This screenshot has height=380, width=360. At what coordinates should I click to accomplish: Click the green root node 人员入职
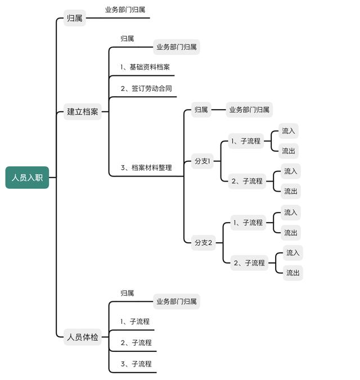tap(27, 178)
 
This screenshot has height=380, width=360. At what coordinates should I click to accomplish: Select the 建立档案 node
tap(83, 112)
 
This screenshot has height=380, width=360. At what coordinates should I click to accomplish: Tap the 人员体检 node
tap(83, 337)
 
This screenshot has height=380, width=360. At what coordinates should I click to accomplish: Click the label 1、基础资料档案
tap(145, 67)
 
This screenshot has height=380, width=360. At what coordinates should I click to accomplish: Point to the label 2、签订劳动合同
tap(146, 88)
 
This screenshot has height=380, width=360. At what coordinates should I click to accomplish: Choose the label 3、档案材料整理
tap(146, 168)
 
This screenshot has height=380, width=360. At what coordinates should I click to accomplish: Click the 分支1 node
tap(202, 161)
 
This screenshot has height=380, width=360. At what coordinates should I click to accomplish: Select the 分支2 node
tap(203, 243)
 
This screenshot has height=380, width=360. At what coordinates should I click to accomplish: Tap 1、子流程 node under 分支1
tap(246, 141)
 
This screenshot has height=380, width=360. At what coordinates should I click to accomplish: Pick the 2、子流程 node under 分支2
tap(249, 263)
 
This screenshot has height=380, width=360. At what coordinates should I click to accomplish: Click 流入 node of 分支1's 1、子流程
tap(288, 131)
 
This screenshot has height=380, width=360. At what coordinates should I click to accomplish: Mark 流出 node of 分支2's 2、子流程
tap(293, 273)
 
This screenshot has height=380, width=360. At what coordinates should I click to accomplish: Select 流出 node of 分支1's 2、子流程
tap(291, 191)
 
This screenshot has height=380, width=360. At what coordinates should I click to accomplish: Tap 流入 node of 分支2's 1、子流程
tap(291, 212)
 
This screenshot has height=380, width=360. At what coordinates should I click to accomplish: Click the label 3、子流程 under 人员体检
tap(136, 364)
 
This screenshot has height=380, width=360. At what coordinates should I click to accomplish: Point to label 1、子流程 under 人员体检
tap(135, 322)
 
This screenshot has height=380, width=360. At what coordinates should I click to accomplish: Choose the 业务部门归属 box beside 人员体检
tap(177, 301)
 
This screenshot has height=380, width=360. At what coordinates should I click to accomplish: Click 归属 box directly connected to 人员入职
tap(75, 18)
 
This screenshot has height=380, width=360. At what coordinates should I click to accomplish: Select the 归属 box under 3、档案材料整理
tap(201, 110)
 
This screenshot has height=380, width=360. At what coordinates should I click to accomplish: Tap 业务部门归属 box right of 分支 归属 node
tap(249, 110)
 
